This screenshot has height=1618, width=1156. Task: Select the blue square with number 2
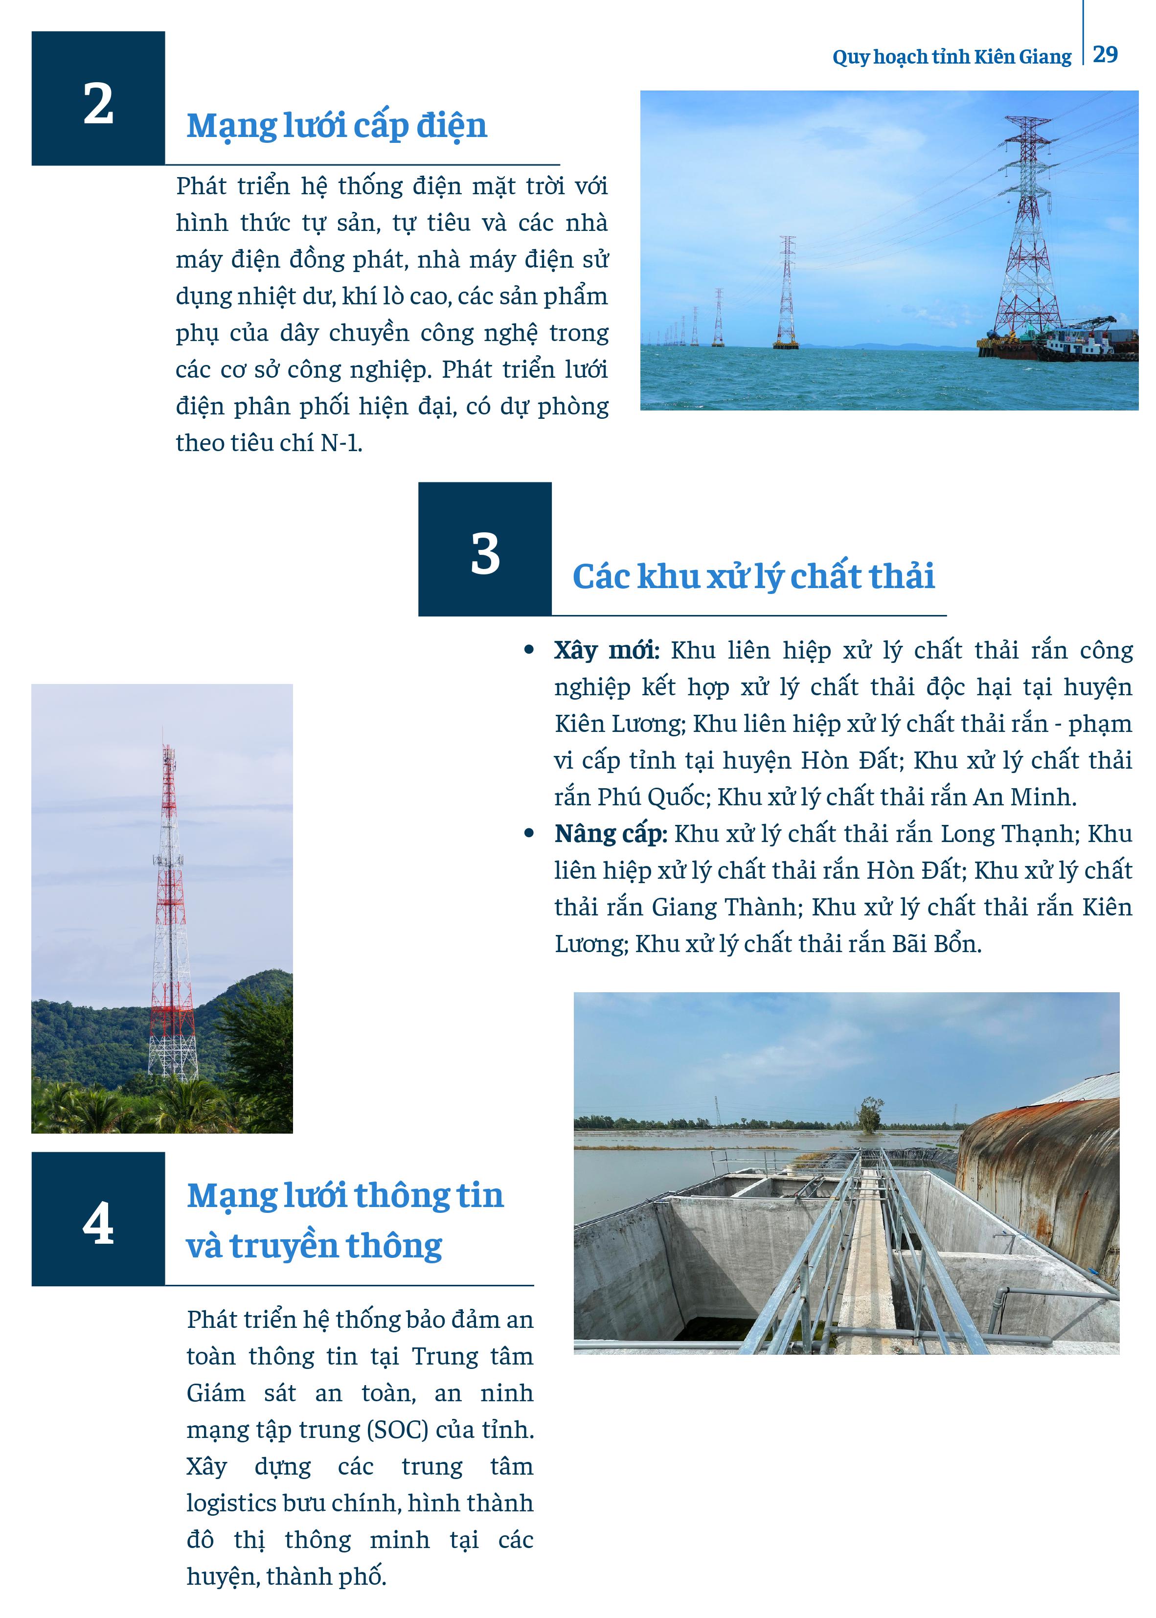coord(98,99)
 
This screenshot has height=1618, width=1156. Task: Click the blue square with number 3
coord(485,549)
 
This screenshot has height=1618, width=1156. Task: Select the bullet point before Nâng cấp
coord(528,833)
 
